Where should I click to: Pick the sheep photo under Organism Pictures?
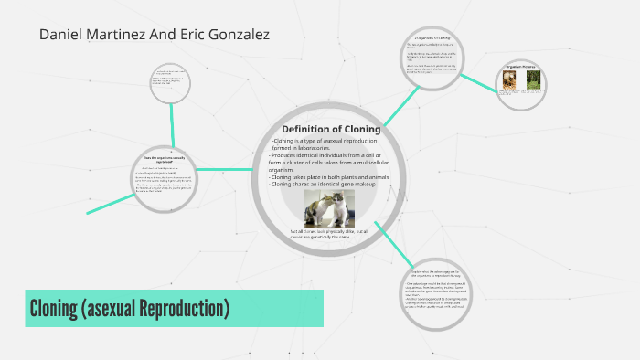pos(509,80)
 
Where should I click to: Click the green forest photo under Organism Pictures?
pos(533,80)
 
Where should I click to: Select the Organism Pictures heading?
pos(521,66)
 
